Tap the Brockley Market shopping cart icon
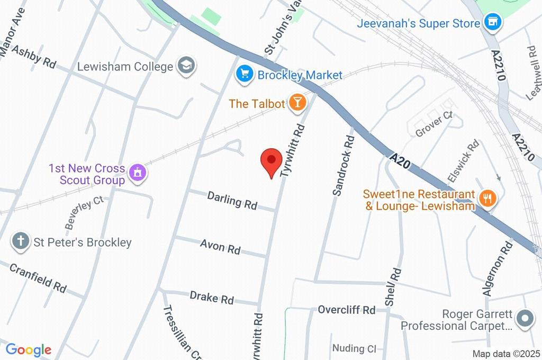coord(243,75)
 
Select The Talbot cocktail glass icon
coord(297,103)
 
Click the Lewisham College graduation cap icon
coord(187,66)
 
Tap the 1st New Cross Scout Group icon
coord(138,173)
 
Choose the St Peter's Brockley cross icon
coord(21,242)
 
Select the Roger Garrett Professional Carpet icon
coord(525,319)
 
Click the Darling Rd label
coord(232,200)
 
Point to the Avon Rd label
coord(220,246)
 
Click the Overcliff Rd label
coord(346,310)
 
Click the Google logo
coord(28,350)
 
